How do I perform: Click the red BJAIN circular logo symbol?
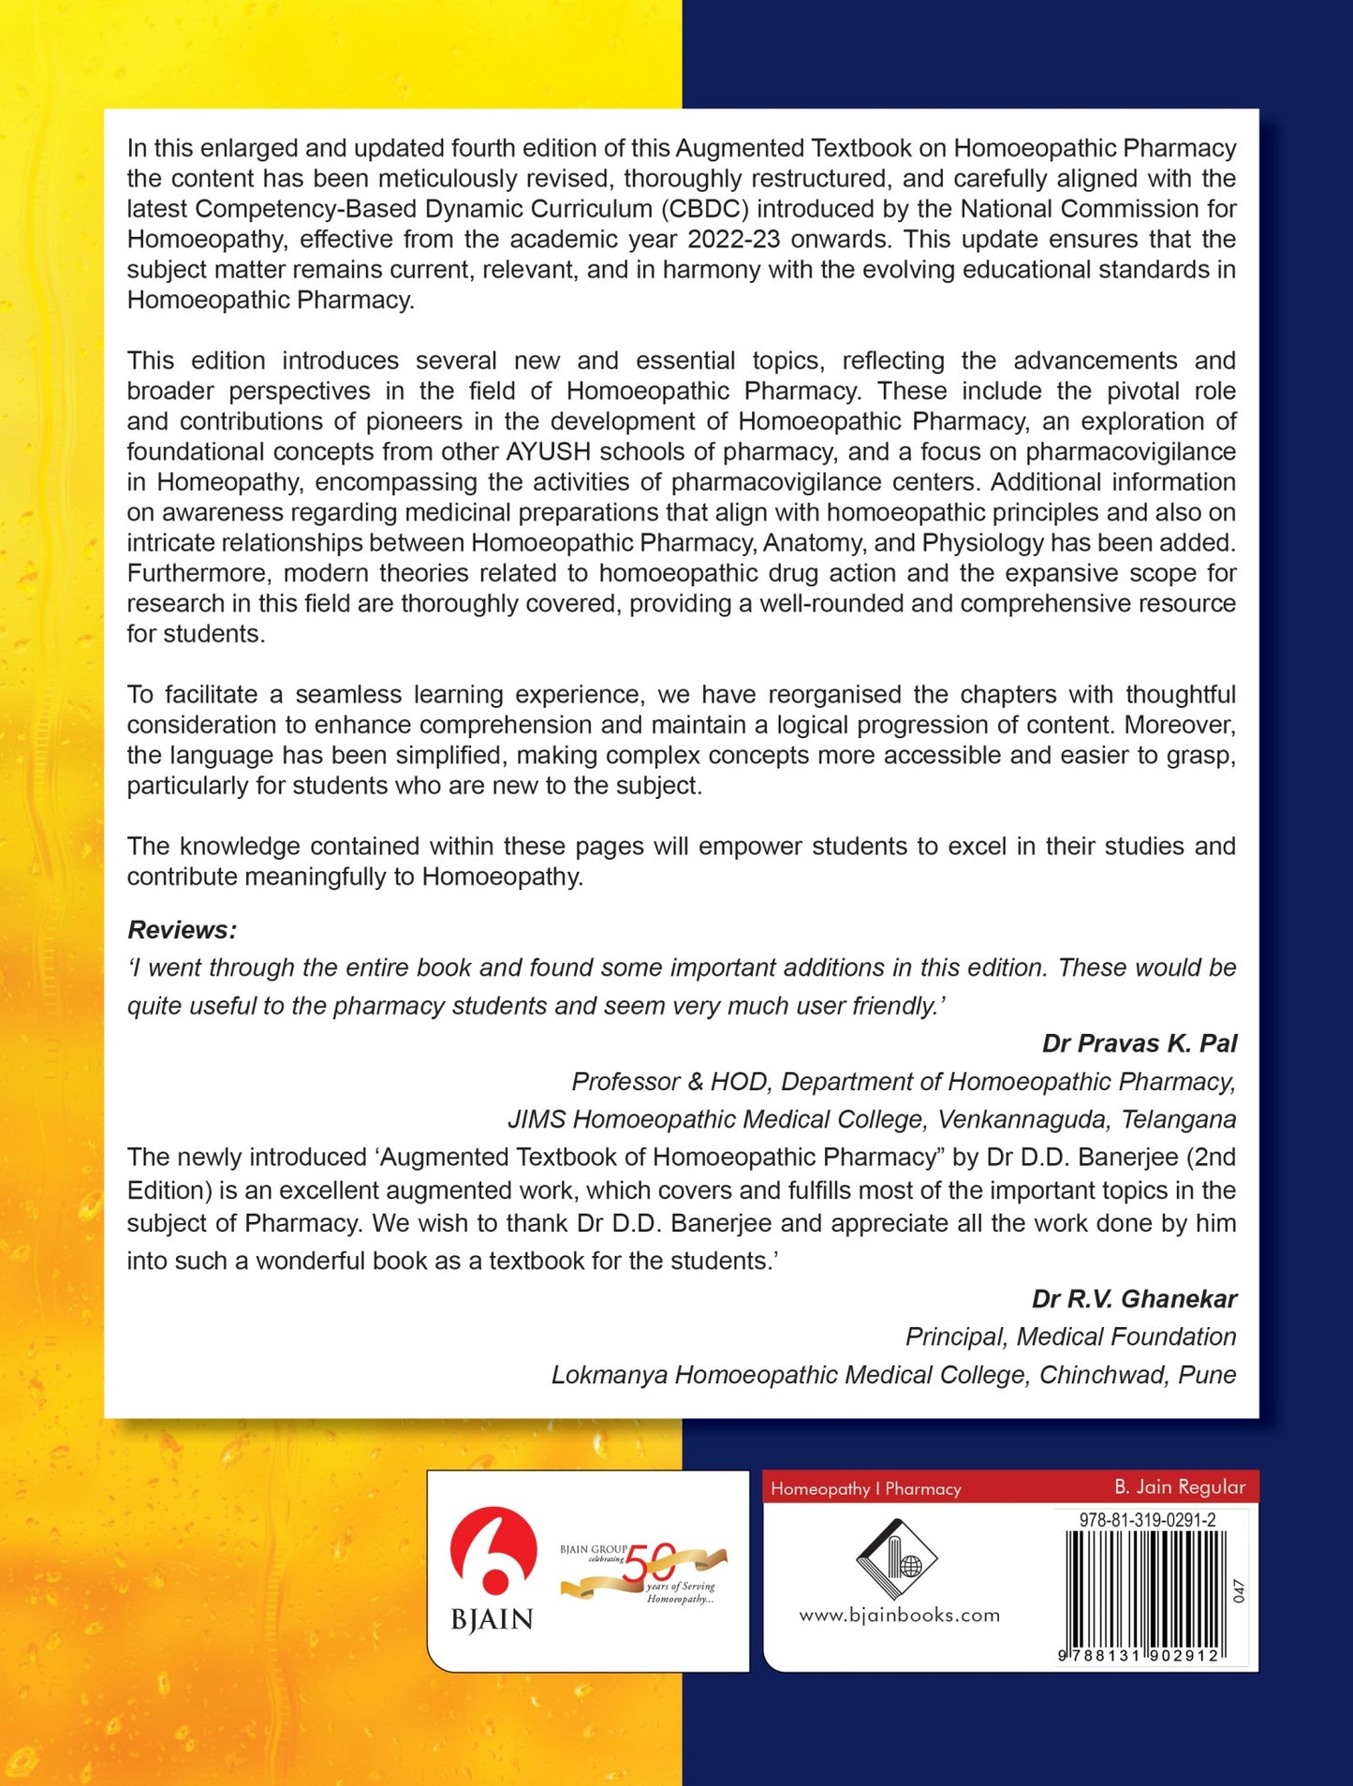[493, 1550]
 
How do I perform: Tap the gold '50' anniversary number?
[649, 1563]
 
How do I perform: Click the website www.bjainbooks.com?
[899, 1615]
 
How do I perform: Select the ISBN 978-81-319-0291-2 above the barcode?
[1147, 1520]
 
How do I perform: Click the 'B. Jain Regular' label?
[1179, 1487]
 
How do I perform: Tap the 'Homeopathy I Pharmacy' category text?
[865, 1488]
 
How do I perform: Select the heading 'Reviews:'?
[182, 930]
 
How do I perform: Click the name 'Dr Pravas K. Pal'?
[1139, 1043]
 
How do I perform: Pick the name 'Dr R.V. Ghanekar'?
[1134, 1299]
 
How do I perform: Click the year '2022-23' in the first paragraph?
[733, 239]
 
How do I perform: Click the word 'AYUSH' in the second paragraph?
[549, 451]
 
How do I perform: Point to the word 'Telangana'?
[1178, 1119]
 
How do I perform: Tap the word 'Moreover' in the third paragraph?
[1180, 725]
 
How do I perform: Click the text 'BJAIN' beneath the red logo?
[492, 1619]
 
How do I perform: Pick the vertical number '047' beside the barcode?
[1239, 1590]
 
